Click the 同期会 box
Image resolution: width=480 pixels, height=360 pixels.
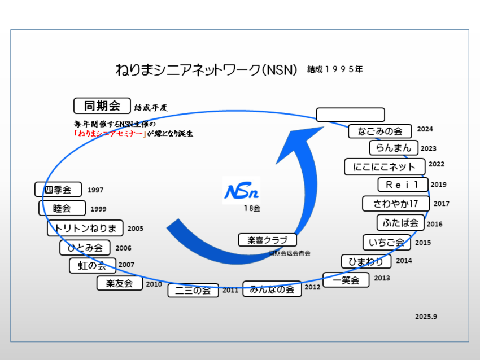[102, 106]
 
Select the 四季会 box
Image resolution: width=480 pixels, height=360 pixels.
[58, 190]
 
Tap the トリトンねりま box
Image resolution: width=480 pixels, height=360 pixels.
[85, 228]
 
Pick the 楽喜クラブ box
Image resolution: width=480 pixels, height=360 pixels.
[267, 240]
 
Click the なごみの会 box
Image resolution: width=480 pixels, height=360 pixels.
[380, 131]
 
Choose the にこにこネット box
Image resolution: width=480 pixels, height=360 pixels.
[383, 167]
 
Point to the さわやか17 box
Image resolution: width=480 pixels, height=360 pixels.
[396, 203]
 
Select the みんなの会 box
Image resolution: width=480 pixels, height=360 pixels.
[272, 289]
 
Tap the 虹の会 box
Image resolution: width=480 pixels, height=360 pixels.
[93, 265]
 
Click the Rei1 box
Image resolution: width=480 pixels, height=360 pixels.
[403, 185]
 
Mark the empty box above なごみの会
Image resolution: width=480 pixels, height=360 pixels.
[350, 115]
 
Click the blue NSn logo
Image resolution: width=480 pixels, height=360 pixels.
[241, 191]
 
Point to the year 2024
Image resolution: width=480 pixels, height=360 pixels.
[425, 129]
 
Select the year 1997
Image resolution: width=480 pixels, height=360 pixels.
[95, 190]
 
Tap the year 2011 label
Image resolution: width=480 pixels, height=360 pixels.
[230, 290]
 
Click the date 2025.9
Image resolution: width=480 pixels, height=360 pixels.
[426, 317]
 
